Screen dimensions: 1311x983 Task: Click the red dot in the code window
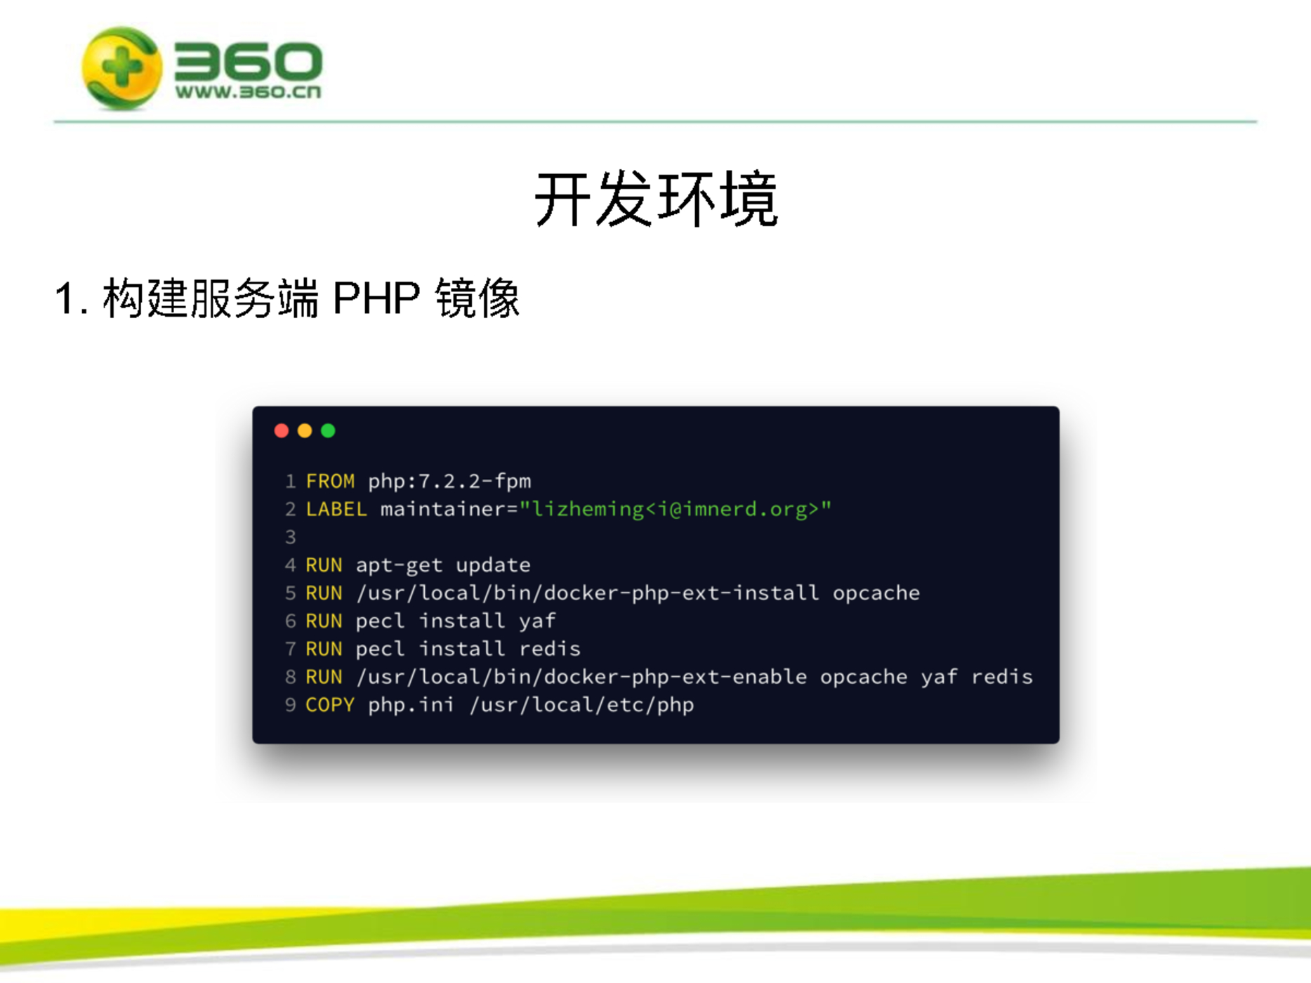282,430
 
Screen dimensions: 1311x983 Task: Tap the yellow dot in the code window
305,430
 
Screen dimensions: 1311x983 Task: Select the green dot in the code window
328,430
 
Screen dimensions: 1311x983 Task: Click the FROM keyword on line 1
330,481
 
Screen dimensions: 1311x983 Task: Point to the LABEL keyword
336,509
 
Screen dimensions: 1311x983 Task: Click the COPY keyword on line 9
330,704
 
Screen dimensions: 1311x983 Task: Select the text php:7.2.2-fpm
449,482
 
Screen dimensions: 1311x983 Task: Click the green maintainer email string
676,509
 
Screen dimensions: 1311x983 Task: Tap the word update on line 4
493,565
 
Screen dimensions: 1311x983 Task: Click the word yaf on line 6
537,621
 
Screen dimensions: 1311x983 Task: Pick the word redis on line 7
550,649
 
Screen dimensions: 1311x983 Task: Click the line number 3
291,537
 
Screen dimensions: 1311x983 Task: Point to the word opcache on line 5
876,593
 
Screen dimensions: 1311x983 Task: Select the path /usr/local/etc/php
582,704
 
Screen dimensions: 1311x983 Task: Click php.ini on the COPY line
411,705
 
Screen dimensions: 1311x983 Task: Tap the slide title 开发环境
657,199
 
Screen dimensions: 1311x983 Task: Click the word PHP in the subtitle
376,298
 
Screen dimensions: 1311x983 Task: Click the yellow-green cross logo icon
121,68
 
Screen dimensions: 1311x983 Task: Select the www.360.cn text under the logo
248,92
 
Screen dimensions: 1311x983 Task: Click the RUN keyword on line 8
324,677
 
